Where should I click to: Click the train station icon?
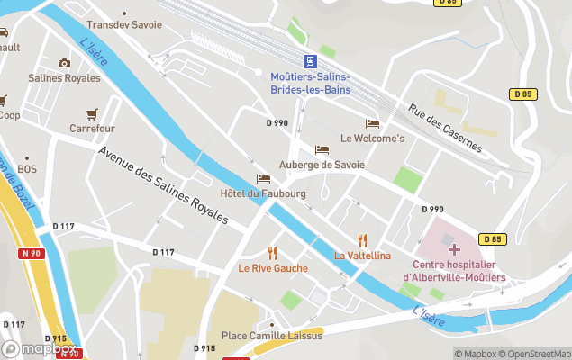click(310, 60)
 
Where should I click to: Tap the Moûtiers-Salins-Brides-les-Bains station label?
click(310, 83)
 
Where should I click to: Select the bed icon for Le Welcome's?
click(372, 123)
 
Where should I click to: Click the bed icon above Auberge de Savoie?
click(322, 149)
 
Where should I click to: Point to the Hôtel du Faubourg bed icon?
click(263, 178)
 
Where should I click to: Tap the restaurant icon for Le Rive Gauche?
click(272, 253)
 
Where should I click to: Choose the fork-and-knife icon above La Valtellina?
click(363, 239)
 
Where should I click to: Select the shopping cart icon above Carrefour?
click(92, 114)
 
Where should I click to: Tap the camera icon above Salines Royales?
click(64, 63)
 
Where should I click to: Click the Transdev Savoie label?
click(124, 25)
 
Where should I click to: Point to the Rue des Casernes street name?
click(445, 130)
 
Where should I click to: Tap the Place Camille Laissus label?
click(271, 337)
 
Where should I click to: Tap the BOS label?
click(27, 169)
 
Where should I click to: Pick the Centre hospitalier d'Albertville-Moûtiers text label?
click(454, 271)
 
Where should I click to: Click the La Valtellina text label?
click(363, 256)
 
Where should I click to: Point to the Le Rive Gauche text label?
click(272, 268)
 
